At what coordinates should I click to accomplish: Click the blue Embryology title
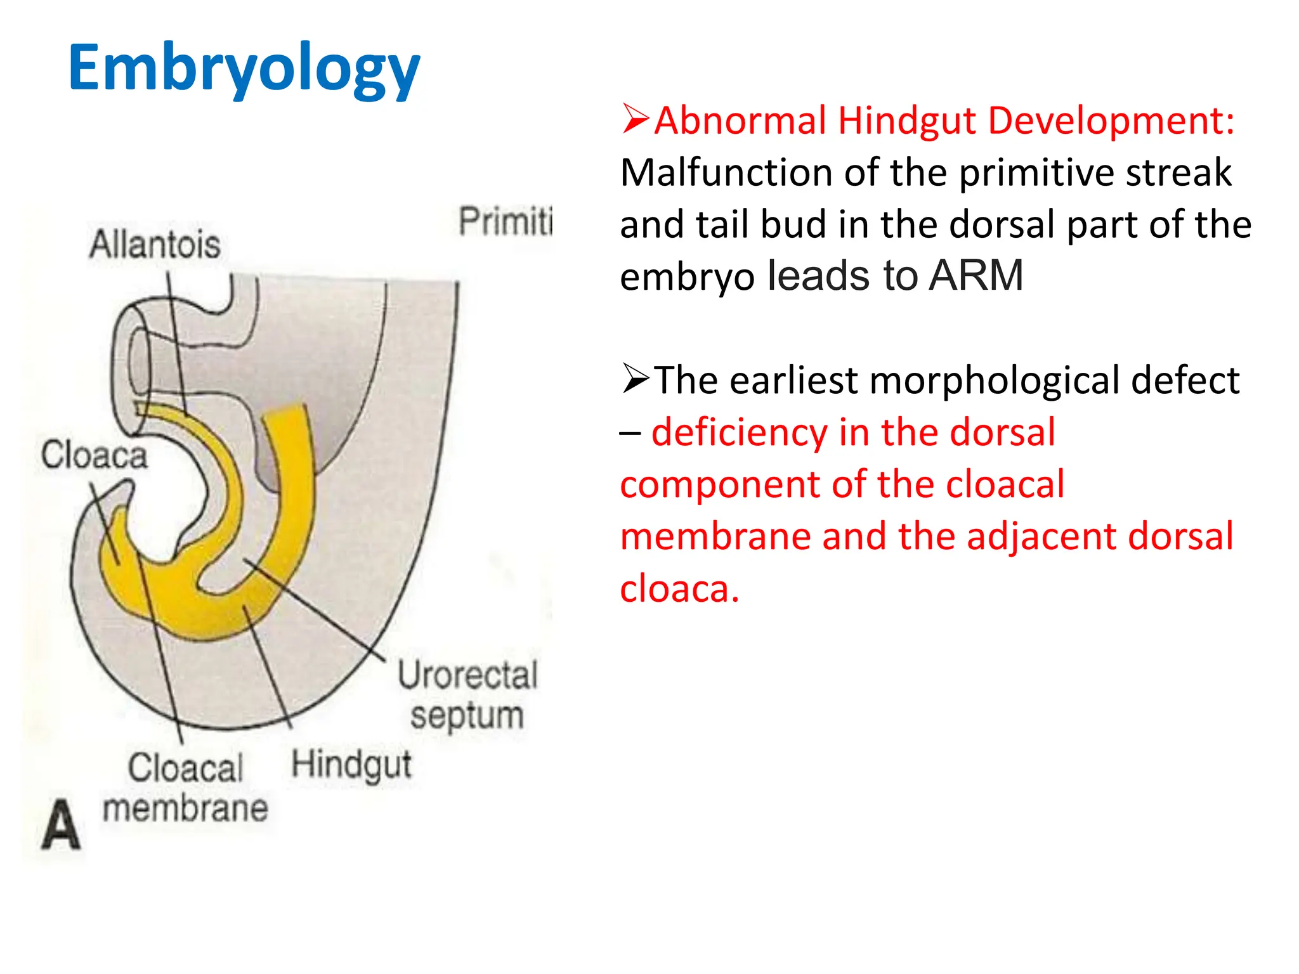pyautogui.click(x=244, y=68)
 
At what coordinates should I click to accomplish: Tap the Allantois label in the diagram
pyautogui.click(x=155, y=245)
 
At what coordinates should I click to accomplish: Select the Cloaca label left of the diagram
pyautogui.click(x=94, y=455)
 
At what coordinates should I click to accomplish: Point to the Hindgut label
pyautogui.click(x=351, y=765)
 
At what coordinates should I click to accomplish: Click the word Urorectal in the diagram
pyautogui.click(x=467, y=675)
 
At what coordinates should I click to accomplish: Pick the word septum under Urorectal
pyautogui.click(x=467, y=717)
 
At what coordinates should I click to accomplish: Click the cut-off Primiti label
pyautogui.click(x=505, y=221)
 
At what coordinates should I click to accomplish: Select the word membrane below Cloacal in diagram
pyautogui.click(x=185, y=808)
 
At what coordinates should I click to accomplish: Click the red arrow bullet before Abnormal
pyautogui.click(x=636, y=119)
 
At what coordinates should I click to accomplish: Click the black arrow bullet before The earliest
pyautogui.click(x=636, y=379)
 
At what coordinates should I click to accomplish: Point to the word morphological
pyautogui.click(x=995, y=380)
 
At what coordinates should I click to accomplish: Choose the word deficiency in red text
pyautogui.click(x=740, y=432)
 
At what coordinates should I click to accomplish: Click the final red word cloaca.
pyautogui.click(x=679, y=588)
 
